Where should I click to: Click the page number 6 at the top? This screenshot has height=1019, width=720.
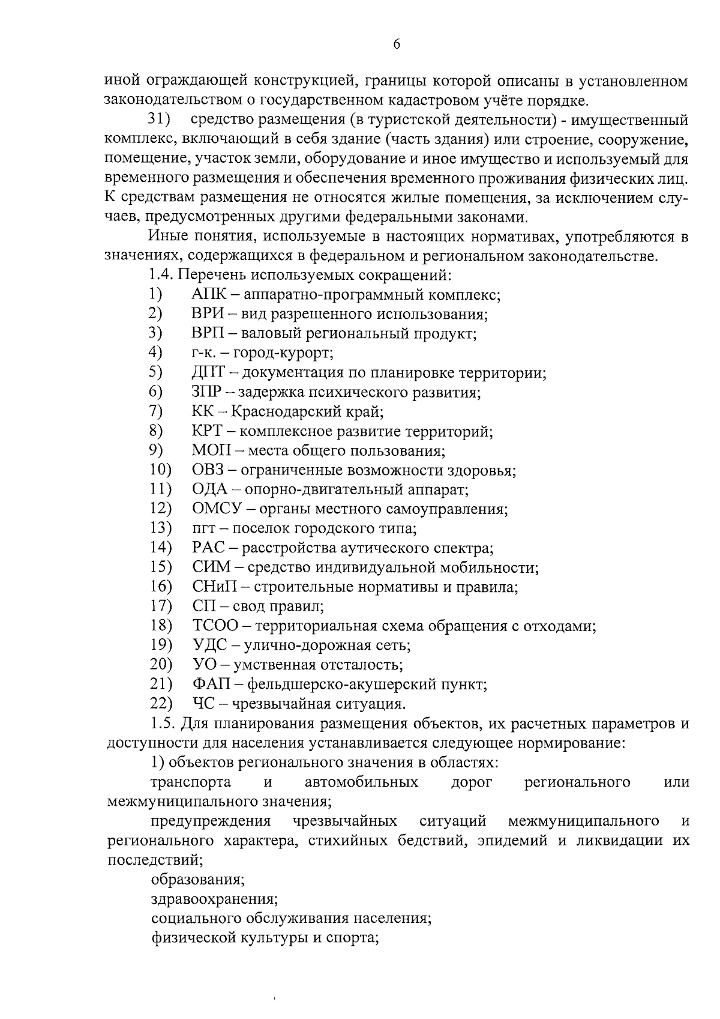pyautogui.click(x=397, y=45)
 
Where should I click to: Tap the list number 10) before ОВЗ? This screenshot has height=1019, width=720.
pyautogui.click(x=160, y=470)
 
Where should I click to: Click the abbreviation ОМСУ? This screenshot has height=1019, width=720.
pyautogui.click(x=217, y=509)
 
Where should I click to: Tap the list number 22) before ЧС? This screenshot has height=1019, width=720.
pyautogui.click(x=161, y=704)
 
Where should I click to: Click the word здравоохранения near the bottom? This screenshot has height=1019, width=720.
pyautogui.click(x=214, y=899)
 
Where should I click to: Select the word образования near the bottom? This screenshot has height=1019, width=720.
pyautogui.click(x=197, y=880)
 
